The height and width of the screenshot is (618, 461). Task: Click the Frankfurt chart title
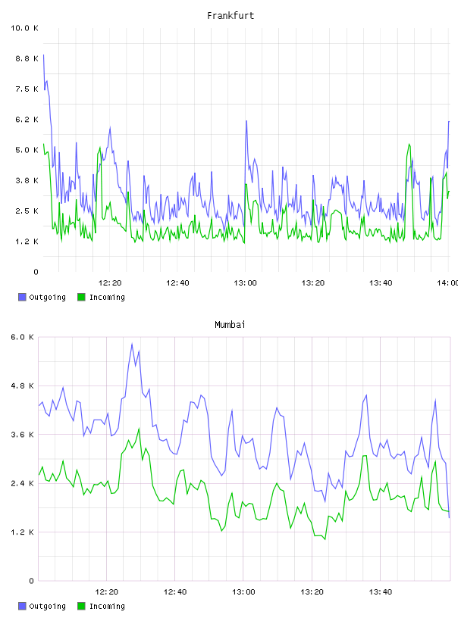tap(230, 16)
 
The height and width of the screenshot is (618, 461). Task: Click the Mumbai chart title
tap(230, 325)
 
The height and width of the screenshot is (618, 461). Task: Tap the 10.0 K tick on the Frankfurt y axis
tap(24, 28)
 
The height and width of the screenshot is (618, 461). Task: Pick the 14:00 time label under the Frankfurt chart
tap(448, 283)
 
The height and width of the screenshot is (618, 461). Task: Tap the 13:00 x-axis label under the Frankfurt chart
tap(245, 283)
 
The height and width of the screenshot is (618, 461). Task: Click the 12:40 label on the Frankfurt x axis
tap(177, 283)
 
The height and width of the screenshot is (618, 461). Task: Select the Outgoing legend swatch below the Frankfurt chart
tap(22, 297)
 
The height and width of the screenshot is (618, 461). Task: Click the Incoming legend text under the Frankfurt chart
tap(107, 297)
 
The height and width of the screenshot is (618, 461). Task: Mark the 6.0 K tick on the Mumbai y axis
tap(23, 337)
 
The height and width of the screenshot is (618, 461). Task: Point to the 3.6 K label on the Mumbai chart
tap(23, 435)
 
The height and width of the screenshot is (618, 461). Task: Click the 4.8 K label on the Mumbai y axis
tap(23, 385)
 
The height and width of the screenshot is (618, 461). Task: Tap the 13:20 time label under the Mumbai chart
tap(312, 592)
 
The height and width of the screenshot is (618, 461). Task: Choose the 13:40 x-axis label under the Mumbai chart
tap(381, 592)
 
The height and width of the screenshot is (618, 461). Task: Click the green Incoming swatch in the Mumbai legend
tap(81, 606)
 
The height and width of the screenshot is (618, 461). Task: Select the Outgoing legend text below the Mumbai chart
tap(47, 606)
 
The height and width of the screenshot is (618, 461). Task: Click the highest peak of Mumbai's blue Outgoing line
tap(132, 344)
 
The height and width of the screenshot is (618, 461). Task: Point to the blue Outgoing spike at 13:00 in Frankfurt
tap(246, 121)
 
